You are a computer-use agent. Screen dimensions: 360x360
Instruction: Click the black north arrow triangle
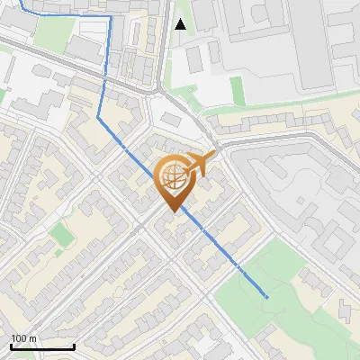(x=181, y=24)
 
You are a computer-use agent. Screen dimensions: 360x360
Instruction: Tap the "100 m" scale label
(x=23, y=338)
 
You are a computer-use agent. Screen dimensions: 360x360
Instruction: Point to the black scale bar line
(x=42, y=346)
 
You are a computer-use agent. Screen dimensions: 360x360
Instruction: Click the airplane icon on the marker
(x=201, y=163)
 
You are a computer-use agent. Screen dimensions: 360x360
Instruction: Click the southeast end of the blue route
(x=267, y=296)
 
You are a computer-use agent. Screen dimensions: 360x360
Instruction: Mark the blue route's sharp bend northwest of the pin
(x=98, y=114)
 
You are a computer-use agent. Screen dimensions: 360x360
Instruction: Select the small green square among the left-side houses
(x=61, y=236)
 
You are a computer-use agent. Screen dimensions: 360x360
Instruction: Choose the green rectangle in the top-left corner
(x=54, y=31)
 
